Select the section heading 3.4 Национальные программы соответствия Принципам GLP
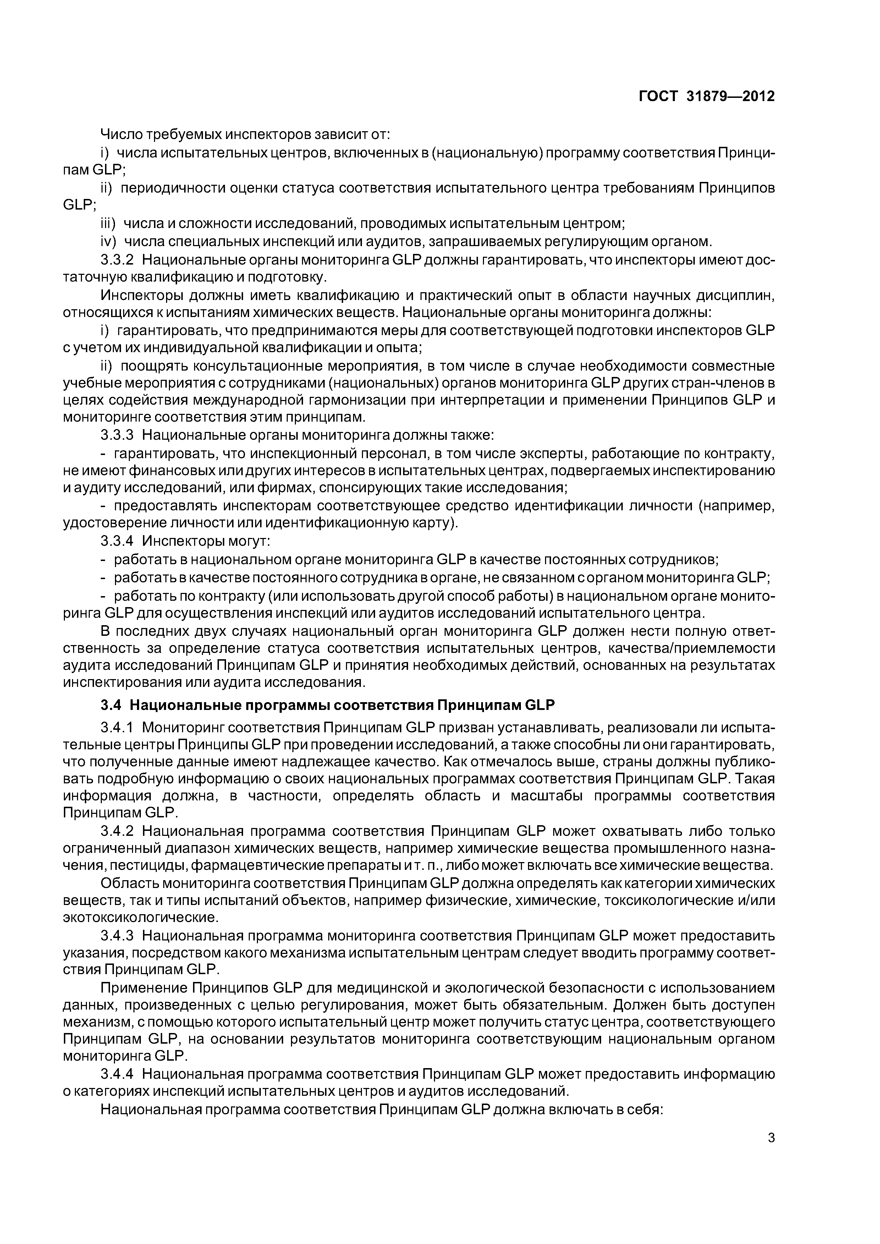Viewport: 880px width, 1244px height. (x=328, y=705)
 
